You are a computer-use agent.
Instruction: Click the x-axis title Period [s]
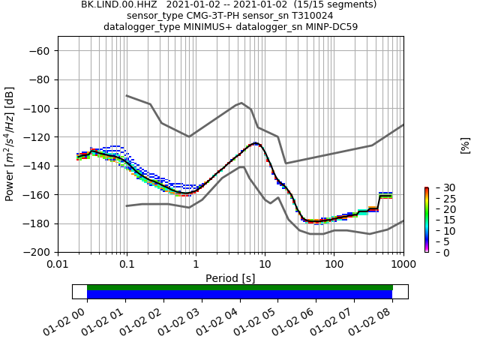[x=230, y=278]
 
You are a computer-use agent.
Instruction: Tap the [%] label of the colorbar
[x=465, y=145]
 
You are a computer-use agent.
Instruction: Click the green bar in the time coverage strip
[x=240, y=287]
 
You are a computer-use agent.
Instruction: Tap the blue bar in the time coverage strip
[x=240, y=295]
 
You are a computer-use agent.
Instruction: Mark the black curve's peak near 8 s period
[x=256, y=143]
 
